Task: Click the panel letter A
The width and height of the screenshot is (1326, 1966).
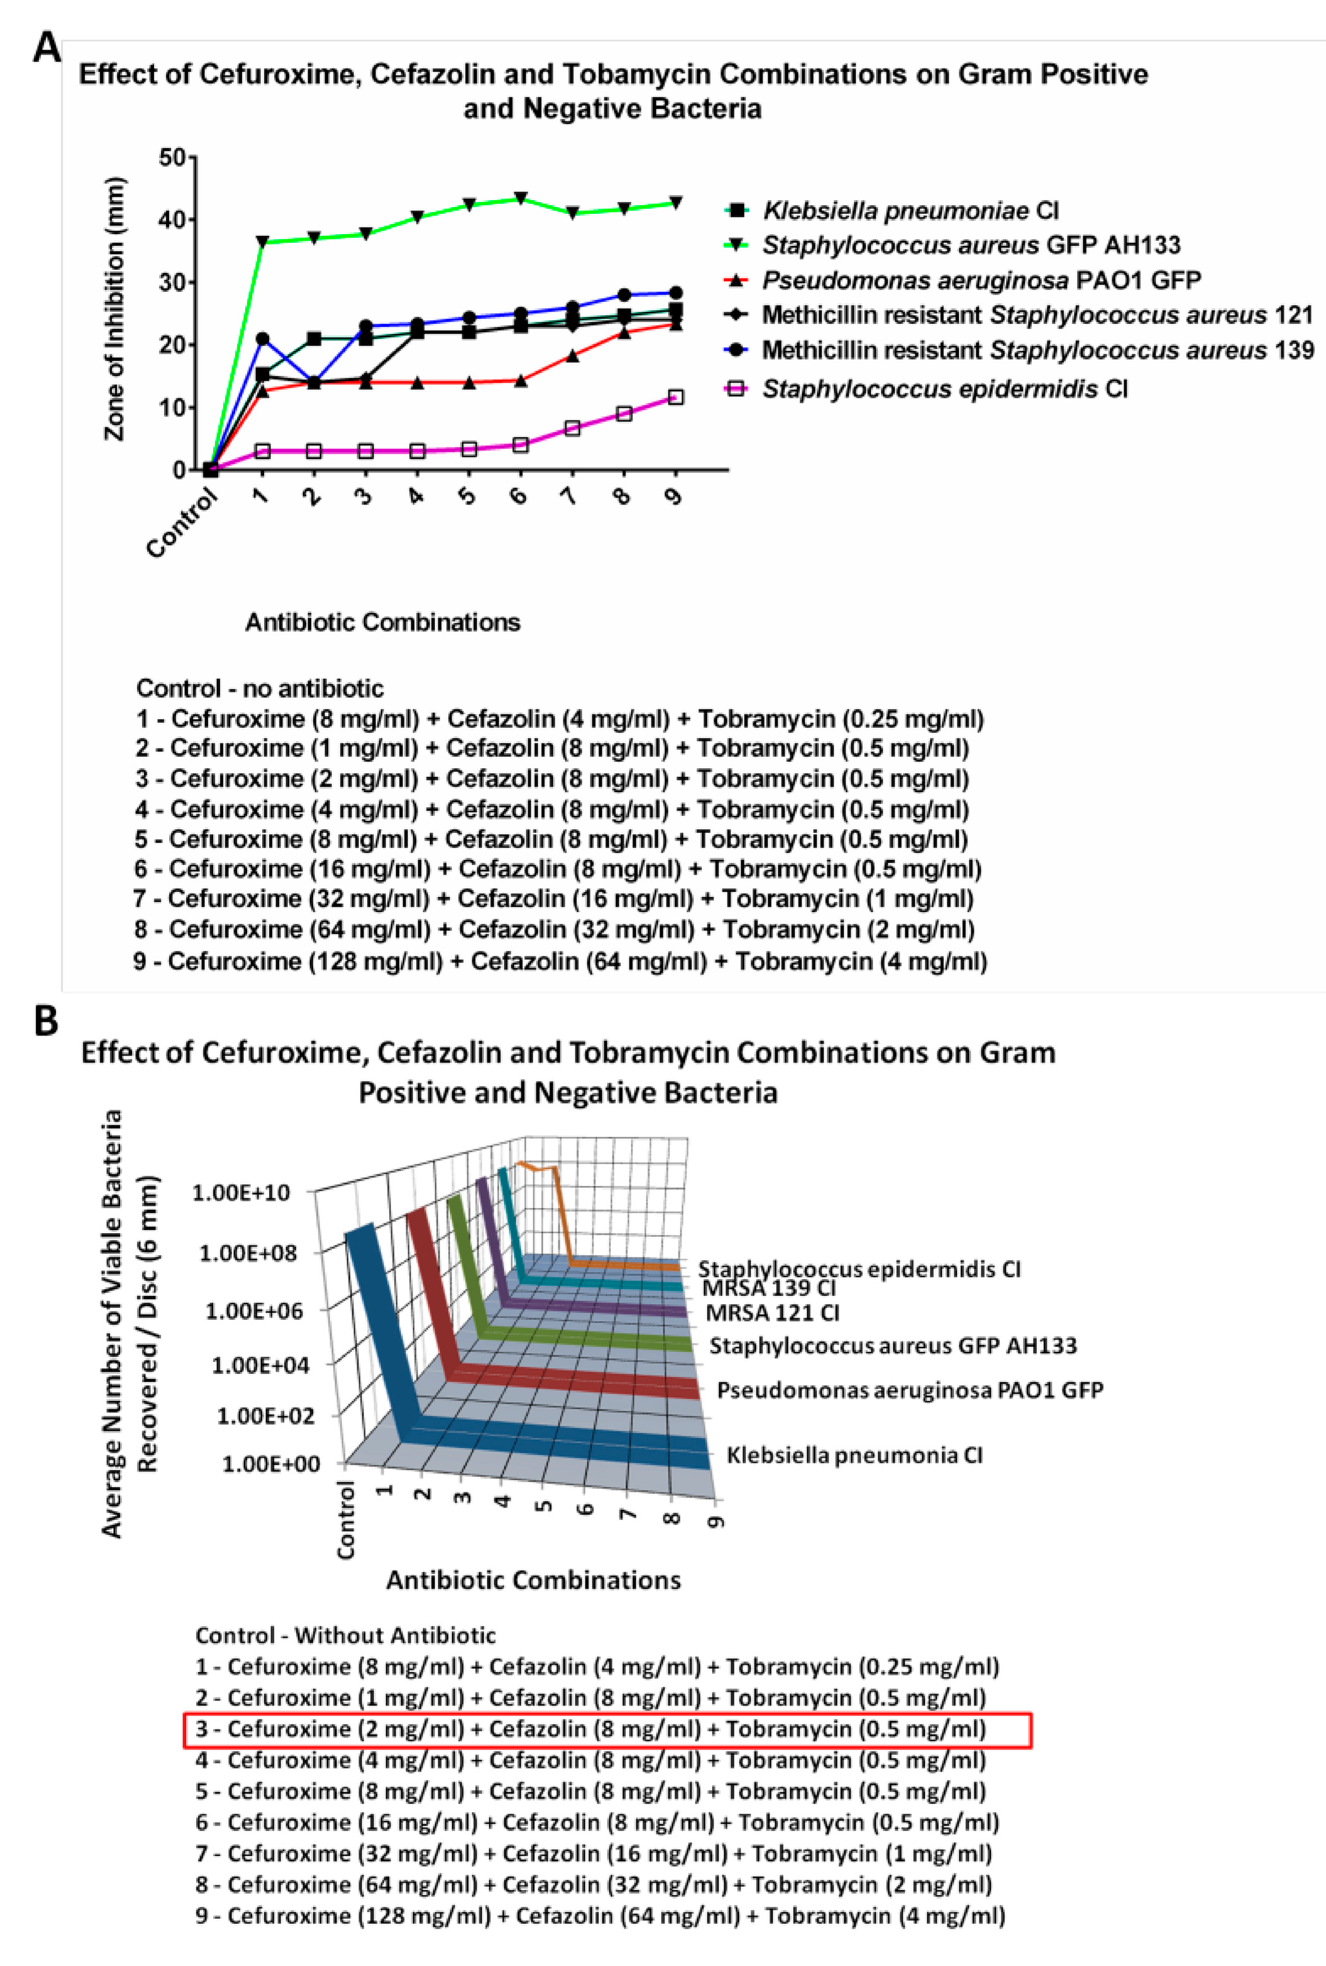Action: (47, 48)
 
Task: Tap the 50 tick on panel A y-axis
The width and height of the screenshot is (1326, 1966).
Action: (172, 157)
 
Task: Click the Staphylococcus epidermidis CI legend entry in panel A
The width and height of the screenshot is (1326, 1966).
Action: (944, 389)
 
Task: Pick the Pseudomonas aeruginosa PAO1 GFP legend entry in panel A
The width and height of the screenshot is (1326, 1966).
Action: (981, 280)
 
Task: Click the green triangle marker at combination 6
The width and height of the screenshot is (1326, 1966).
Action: (521, 198)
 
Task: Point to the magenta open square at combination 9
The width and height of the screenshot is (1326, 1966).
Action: (675, 398)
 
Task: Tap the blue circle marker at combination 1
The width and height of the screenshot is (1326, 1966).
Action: (262, 338)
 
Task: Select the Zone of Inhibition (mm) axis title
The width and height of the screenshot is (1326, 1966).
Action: (114, 309)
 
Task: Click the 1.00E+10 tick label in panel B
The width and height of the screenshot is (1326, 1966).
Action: (241, 1193)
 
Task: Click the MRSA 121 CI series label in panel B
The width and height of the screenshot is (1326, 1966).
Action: (771, 1313)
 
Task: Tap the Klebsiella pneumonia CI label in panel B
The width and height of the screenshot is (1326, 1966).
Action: (854, 1456)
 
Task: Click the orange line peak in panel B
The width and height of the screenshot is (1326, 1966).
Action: (522, 1163)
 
